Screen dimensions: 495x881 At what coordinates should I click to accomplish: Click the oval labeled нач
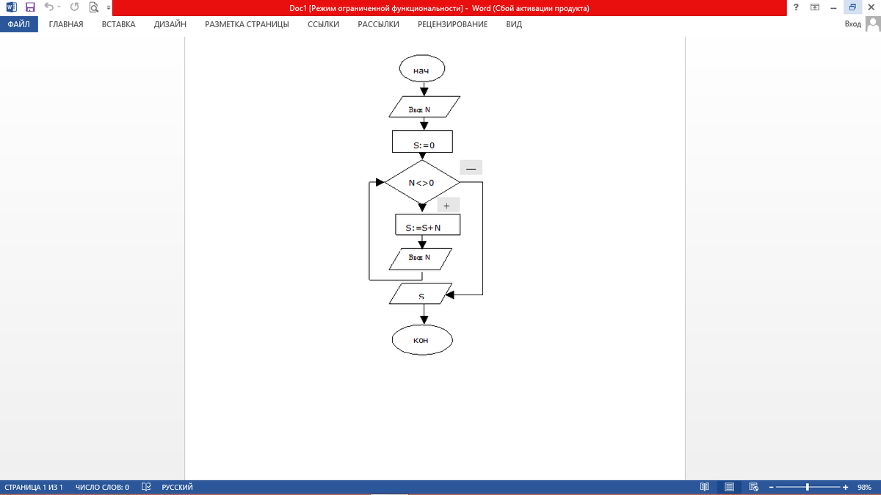[x=421, y=70]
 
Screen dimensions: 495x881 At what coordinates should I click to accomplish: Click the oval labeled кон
[x=421, y=340]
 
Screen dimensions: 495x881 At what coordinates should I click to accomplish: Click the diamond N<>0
[x=421, y=182]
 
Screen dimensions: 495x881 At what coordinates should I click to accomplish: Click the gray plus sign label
[x=446, y=205]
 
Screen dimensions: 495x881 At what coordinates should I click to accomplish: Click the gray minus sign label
[x=471, y=168]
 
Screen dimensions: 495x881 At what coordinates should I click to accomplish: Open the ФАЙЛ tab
[x=18, y=24]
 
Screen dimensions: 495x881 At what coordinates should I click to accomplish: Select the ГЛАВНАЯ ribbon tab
[x=66, y=24]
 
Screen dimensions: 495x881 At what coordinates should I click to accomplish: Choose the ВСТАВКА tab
[x=118, y=24]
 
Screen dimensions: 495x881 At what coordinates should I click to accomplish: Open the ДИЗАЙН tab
[x=170, y=24]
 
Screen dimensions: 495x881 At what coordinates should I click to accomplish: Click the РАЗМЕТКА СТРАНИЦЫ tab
[x=247, y=24]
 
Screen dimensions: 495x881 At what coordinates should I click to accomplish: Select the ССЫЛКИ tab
[x=323, y=24]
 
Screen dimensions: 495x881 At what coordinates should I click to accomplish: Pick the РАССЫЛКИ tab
[x=378, y=24]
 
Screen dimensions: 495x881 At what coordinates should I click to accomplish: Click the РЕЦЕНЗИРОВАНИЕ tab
[x=452, y=24]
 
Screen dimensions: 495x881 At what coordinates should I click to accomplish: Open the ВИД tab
[x=514, y=24]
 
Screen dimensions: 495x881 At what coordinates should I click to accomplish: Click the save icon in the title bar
[x=30, y=8]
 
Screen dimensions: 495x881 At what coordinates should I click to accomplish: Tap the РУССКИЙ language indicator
[x=177, y=487]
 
